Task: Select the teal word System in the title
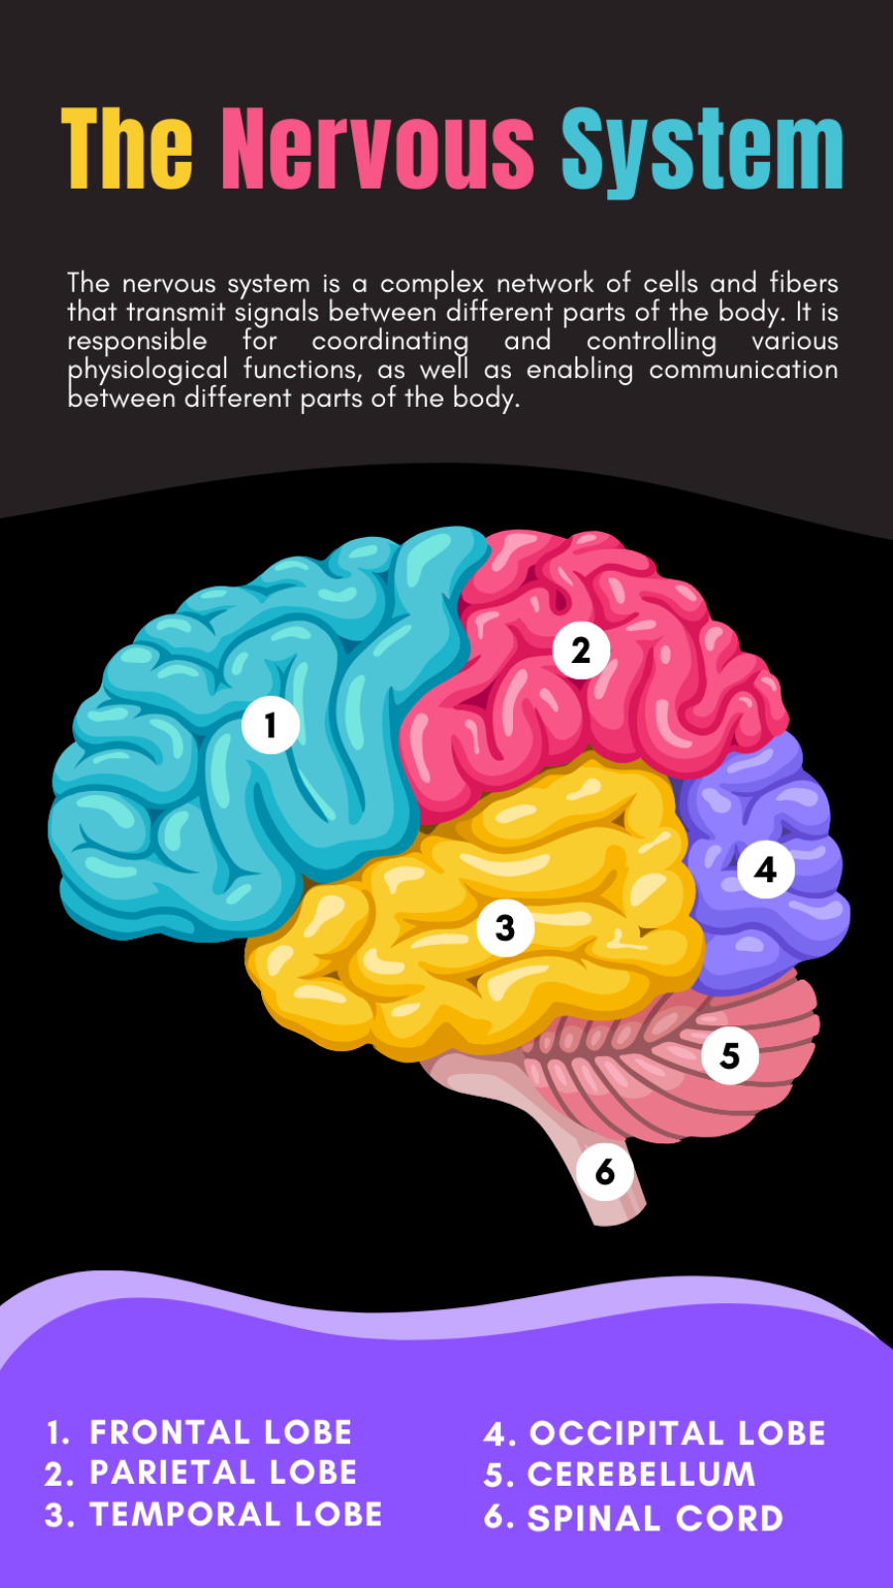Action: pyautogui.click(x=702, y=151)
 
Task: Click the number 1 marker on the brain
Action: pyautogui.click(x=270, y=725)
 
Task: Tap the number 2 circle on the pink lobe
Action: pyautogui.click(x=581, y=650)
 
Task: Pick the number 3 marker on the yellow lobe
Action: pyautogui.click(x=505, y=928)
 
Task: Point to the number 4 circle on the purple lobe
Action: pyautogui.click(x=765, y=869)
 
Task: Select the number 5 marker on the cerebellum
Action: pyautogui.click(x=730, y=1055)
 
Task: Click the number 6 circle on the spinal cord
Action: pyautogui.click(x=605, y=1172)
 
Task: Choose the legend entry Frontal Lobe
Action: pyautogui.click(x=220, y=1432)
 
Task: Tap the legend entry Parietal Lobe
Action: pyautogui.click(x=223, y=1473)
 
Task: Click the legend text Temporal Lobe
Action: pyautogui.click(x=235, y=1515)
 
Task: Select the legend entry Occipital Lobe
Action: pyautogui.click(x=677, y=1433)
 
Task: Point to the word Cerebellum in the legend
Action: pyautogui.click(x=641, y=1475)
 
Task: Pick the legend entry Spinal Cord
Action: pyautogui.click(x=655, y=1519)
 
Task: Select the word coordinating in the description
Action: pyautogui.click(x=390, y=340)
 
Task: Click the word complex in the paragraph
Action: pyautogui.click(x=432, y=284)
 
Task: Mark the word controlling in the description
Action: pyautogui.click(x=651, y=340)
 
